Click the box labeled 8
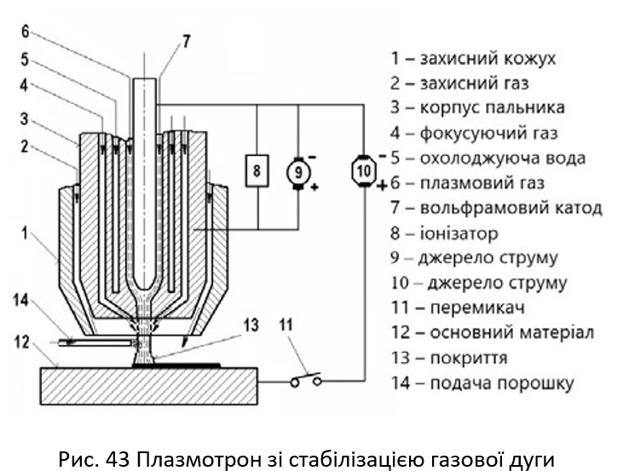click(257, 172)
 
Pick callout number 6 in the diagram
click(25, 31)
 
